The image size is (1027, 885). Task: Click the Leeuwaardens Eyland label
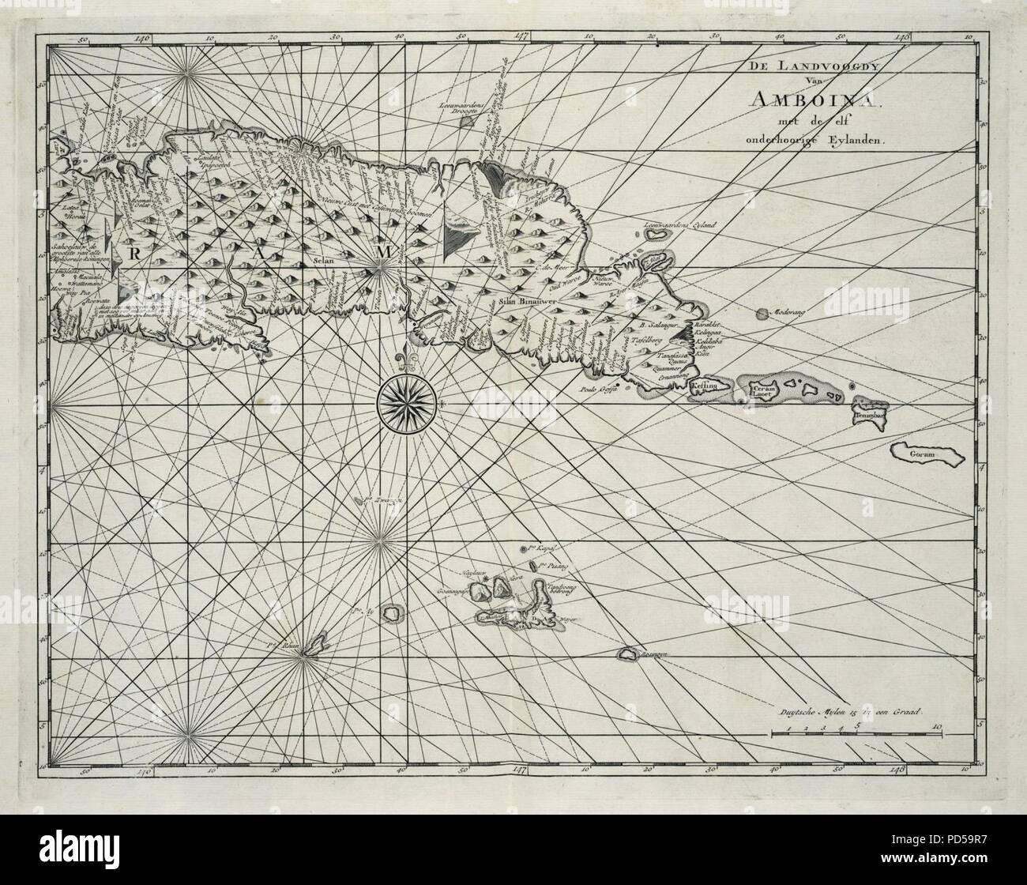click(x=679, y=227)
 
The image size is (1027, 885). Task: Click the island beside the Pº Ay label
click(x=389, y=612)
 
